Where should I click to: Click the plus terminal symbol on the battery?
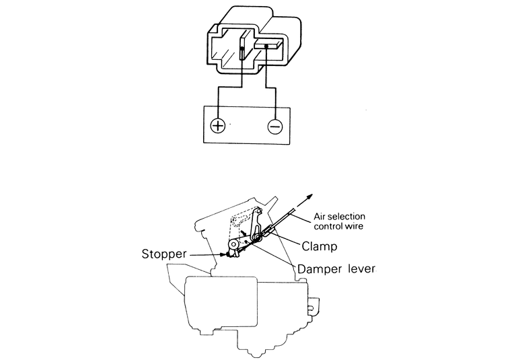pos(217,126)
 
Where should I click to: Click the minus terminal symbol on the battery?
pos(274,126)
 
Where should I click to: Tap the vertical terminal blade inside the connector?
pos(242,54)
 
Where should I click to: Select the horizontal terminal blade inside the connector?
pos(266,46)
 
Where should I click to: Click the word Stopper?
pos(163,254)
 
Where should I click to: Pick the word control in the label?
pos(329,226)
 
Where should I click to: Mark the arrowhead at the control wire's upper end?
pos(310,195)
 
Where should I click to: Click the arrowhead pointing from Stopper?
pos(222,254)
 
